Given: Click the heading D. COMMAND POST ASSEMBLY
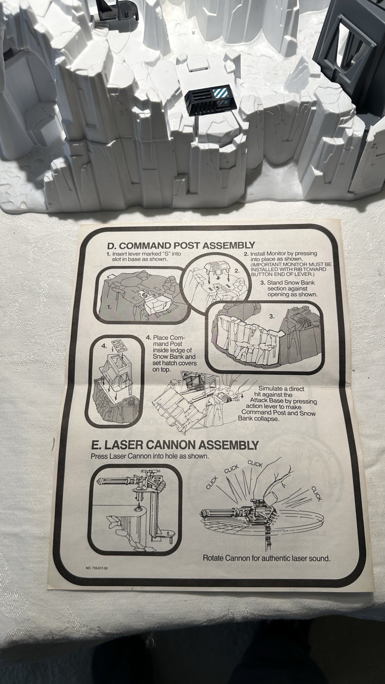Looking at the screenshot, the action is coord(181,245).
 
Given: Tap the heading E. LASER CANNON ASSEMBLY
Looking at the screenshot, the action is coord(175,445).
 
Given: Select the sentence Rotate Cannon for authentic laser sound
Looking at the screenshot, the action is coord(267,558).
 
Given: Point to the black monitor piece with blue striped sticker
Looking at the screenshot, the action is coord(211,98).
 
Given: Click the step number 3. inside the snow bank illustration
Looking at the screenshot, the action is coord(272,316).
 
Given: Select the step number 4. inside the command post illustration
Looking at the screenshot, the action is coord(104,346).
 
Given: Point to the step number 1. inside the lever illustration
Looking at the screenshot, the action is coord(109,307).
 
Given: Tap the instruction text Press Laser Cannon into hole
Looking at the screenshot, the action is coord(150,456).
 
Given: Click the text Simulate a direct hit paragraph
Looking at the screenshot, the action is coord(278,404).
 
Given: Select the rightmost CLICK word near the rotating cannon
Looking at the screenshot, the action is coord(317,494).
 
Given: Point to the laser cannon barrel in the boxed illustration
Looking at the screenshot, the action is coord(116,482).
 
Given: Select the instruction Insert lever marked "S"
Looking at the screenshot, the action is coord(144,256).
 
